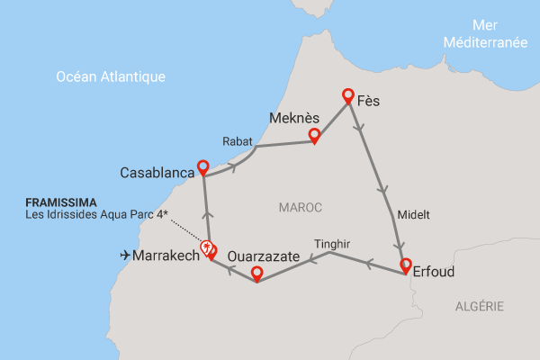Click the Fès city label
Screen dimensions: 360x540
tap(368, 101)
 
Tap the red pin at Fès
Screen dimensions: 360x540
tap(347, 95)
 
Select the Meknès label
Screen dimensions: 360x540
tap(293, 118)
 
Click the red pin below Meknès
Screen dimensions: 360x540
tap(314, 136)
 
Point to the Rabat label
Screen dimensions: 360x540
tap(238, 140)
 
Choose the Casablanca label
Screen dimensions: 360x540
tap(157, 171)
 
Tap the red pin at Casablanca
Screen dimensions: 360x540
tap(203, 167)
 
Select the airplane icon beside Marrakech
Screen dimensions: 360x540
tap(124, 256)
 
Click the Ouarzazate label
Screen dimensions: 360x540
tap(265, 256)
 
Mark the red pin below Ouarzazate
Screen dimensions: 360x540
tap(256, 274)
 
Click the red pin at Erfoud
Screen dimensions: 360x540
tap(406, 266)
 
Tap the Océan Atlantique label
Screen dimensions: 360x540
tap(111, 77)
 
